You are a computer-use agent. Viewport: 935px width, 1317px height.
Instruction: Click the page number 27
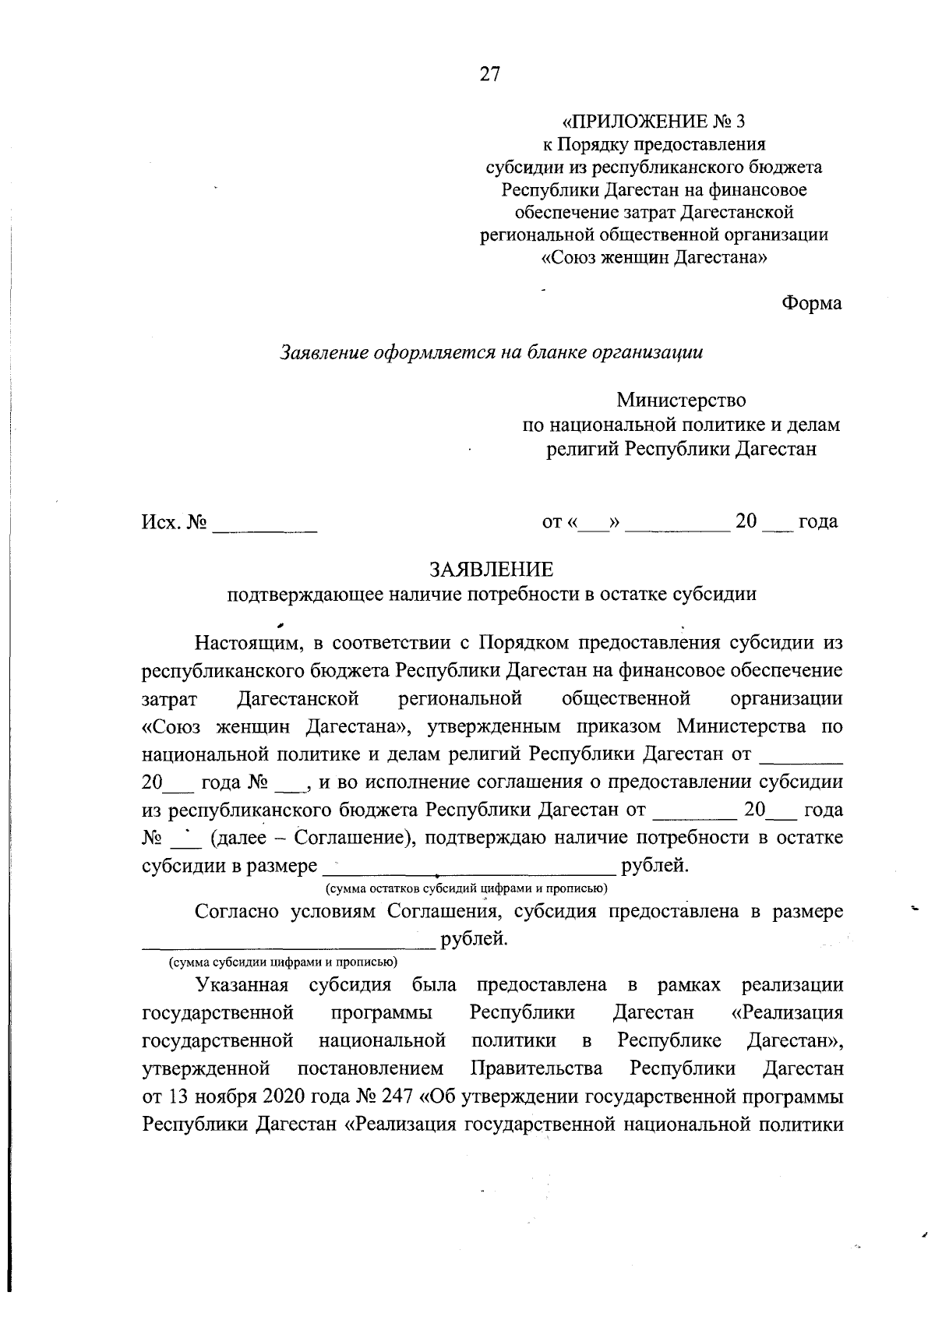489,74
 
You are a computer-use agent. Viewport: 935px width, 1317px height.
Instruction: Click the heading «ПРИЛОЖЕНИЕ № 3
654,122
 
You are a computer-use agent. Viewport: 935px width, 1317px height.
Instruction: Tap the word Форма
812,303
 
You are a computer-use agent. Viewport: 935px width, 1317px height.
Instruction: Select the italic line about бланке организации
491,352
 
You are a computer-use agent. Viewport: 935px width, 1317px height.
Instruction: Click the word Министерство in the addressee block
681,401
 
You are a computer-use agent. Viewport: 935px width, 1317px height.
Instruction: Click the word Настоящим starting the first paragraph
247,644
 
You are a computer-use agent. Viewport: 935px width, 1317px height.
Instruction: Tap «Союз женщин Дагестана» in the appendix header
654,257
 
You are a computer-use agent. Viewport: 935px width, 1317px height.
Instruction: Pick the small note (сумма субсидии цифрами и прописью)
284,962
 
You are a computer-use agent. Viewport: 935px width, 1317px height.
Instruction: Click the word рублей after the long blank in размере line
654,866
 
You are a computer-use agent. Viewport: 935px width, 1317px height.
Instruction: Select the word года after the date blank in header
818,521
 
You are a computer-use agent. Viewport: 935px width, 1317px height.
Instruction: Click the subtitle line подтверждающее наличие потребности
491,595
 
